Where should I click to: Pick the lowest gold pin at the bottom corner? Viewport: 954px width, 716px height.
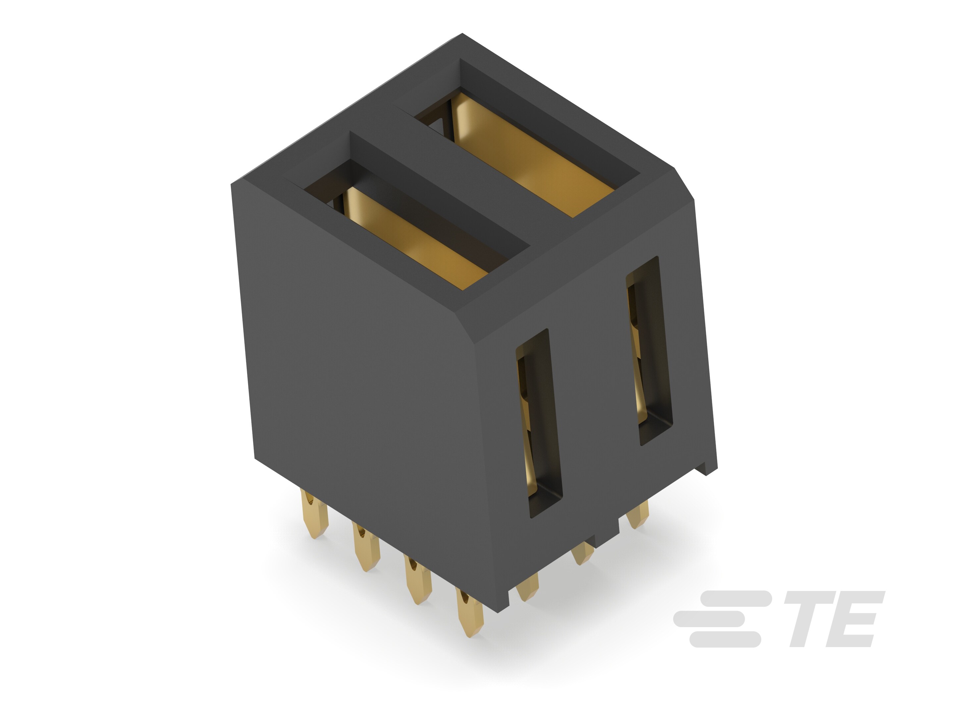point(470,613)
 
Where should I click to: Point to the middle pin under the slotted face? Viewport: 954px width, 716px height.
point(582,553)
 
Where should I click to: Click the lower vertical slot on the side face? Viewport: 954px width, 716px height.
point(539,423)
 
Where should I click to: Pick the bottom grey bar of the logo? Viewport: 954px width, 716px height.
point(724,639)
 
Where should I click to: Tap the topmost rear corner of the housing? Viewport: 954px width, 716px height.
point(462,34)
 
